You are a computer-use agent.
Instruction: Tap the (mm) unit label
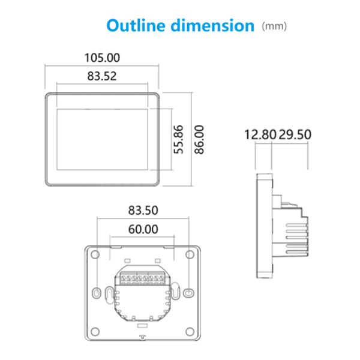(275, 26)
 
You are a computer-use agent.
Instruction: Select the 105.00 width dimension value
(101, 58)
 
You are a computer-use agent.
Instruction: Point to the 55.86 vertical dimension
(178, 139)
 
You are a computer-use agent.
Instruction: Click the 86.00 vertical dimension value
(199, 139)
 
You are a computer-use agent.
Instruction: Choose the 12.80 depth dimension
(260, 134)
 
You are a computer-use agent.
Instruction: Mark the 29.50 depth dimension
(294, 134)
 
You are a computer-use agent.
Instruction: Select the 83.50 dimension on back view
(143, 210)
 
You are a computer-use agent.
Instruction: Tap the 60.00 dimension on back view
(143, 229)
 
